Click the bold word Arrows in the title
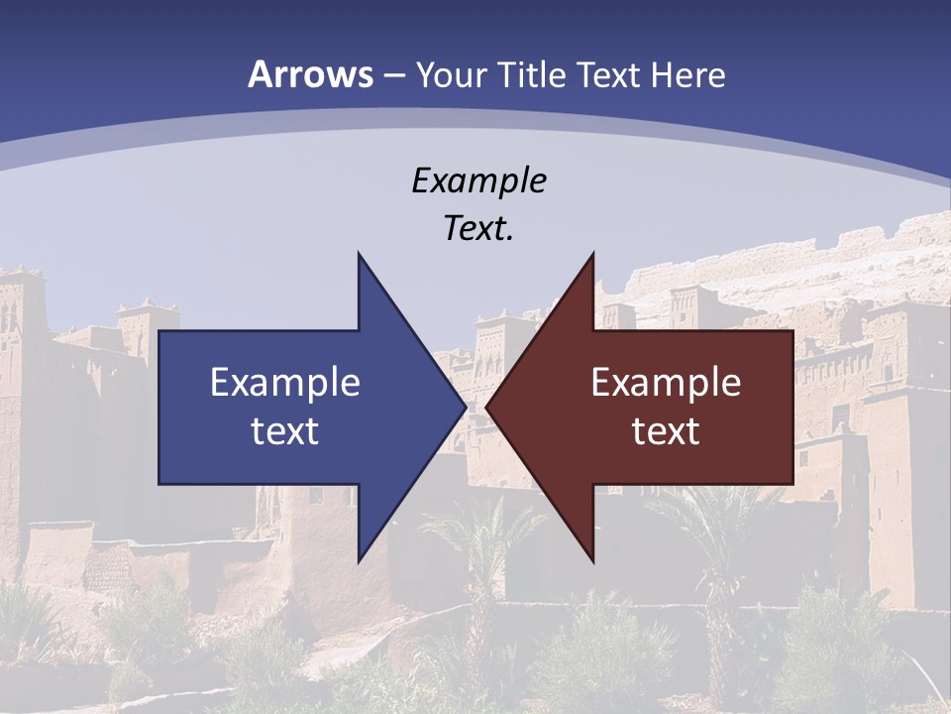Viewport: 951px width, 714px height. (x=311, y=74)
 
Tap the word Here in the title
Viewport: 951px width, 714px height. (x=689, y=74)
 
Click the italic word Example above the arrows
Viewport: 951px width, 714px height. (x=479, y=180)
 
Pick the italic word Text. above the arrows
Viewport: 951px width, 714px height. (x=479, y=228)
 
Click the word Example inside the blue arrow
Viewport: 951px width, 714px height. (x=285, y=382)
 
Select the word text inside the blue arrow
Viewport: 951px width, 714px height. (x=285, y=430)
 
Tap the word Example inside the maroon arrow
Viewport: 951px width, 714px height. (x=666, y=382)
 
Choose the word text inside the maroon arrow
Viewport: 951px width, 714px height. (x=666, y=430)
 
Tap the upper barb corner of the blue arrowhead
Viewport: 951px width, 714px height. (x=359, y=254)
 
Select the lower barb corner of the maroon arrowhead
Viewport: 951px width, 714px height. (x=593, y=559)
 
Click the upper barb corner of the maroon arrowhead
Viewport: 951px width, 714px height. (x=593, y=254)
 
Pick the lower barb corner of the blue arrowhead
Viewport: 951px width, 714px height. (x=359, y=559)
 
